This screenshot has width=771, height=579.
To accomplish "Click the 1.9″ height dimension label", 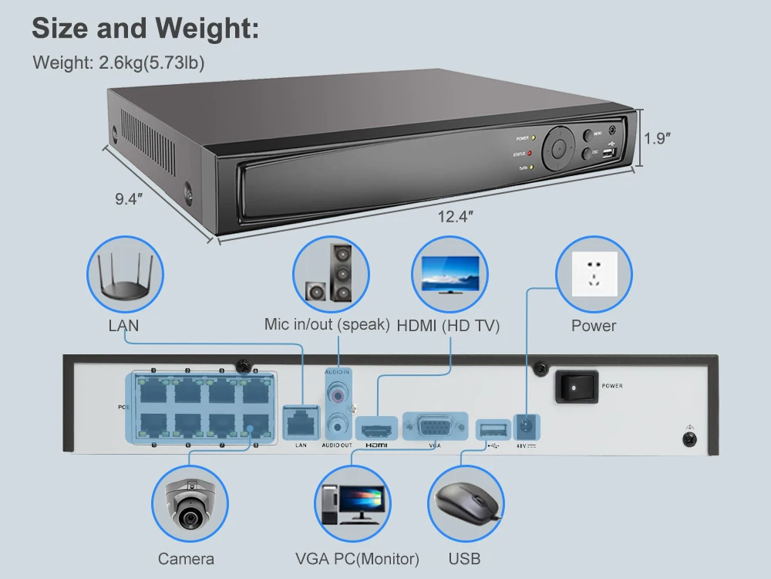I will [x=657, y=139].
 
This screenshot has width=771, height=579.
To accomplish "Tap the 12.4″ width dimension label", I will [x=453, y=217].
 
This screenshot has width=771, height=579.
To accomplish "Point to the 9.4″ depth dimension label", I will [x=130, y=199].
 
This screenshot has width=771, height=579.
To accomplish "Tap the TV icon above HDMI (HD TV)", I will [x=449, y=273].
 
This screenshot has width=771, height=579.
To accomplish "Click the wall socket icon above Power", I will [x=594, y=274].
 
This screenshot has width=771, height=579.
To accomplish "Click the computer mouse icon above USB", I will [x=466, y=505].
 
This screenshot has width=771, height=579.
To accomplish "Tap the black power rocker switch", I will [x=576, y=386].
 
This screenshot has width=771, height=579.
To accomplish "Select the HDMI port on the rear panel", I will [x=375, y=428].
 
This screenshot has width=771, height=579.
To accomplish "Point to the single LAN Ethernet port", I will [x=301, y=421].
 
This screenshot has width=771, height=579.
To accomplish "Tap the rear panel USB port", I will [x=493, y=428].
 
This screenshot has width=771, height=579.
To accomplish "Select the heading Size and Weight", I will [x=145, y=29].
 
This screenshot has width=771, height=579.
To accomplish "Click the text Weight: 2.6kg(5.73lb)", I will [x=119, y=63].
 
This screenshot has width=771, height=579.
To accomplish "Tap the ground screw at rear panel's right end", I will [x=689, y=438].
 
